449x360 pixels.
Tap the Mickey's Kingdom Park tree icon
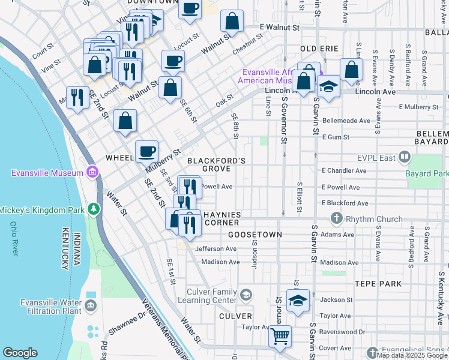(93, 209)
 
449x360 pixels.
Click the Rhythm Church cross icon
(336, 219)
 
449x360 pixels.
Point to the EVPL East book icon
(404, 157)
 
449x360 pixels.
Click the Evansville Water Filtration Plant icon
(91, 306)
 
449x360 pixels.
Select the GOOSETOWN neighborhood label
(254, 234)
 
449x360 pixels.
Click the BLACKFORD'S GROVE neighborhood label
(216, 165)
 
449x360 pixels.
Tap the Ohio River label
(14, 239)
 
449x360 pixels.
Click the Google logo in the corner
(20, 353)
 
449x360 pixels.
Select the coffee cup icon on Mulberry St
(146, 151)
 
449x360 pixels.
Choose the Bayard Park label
(427, 173)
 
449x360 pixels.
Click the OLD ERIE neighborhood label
(319, 49)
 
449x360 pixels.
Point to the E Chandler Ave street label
(344, 170)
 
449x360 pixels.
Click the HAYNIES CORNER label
(221, 218)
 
